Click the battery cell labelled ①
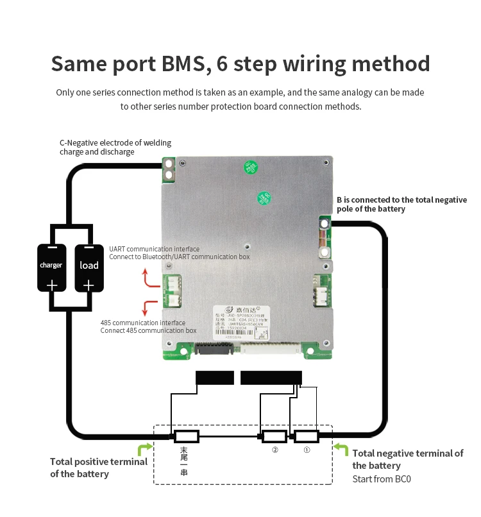point(306,437)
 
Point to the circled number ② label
point(275,450)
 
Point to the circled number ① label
point(307,450)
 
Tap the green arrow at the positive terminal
point(145,448)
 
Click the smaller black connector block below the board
point(214,378)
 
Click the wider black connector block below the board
point(271,378)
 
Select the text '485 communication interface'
point(143,323)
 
